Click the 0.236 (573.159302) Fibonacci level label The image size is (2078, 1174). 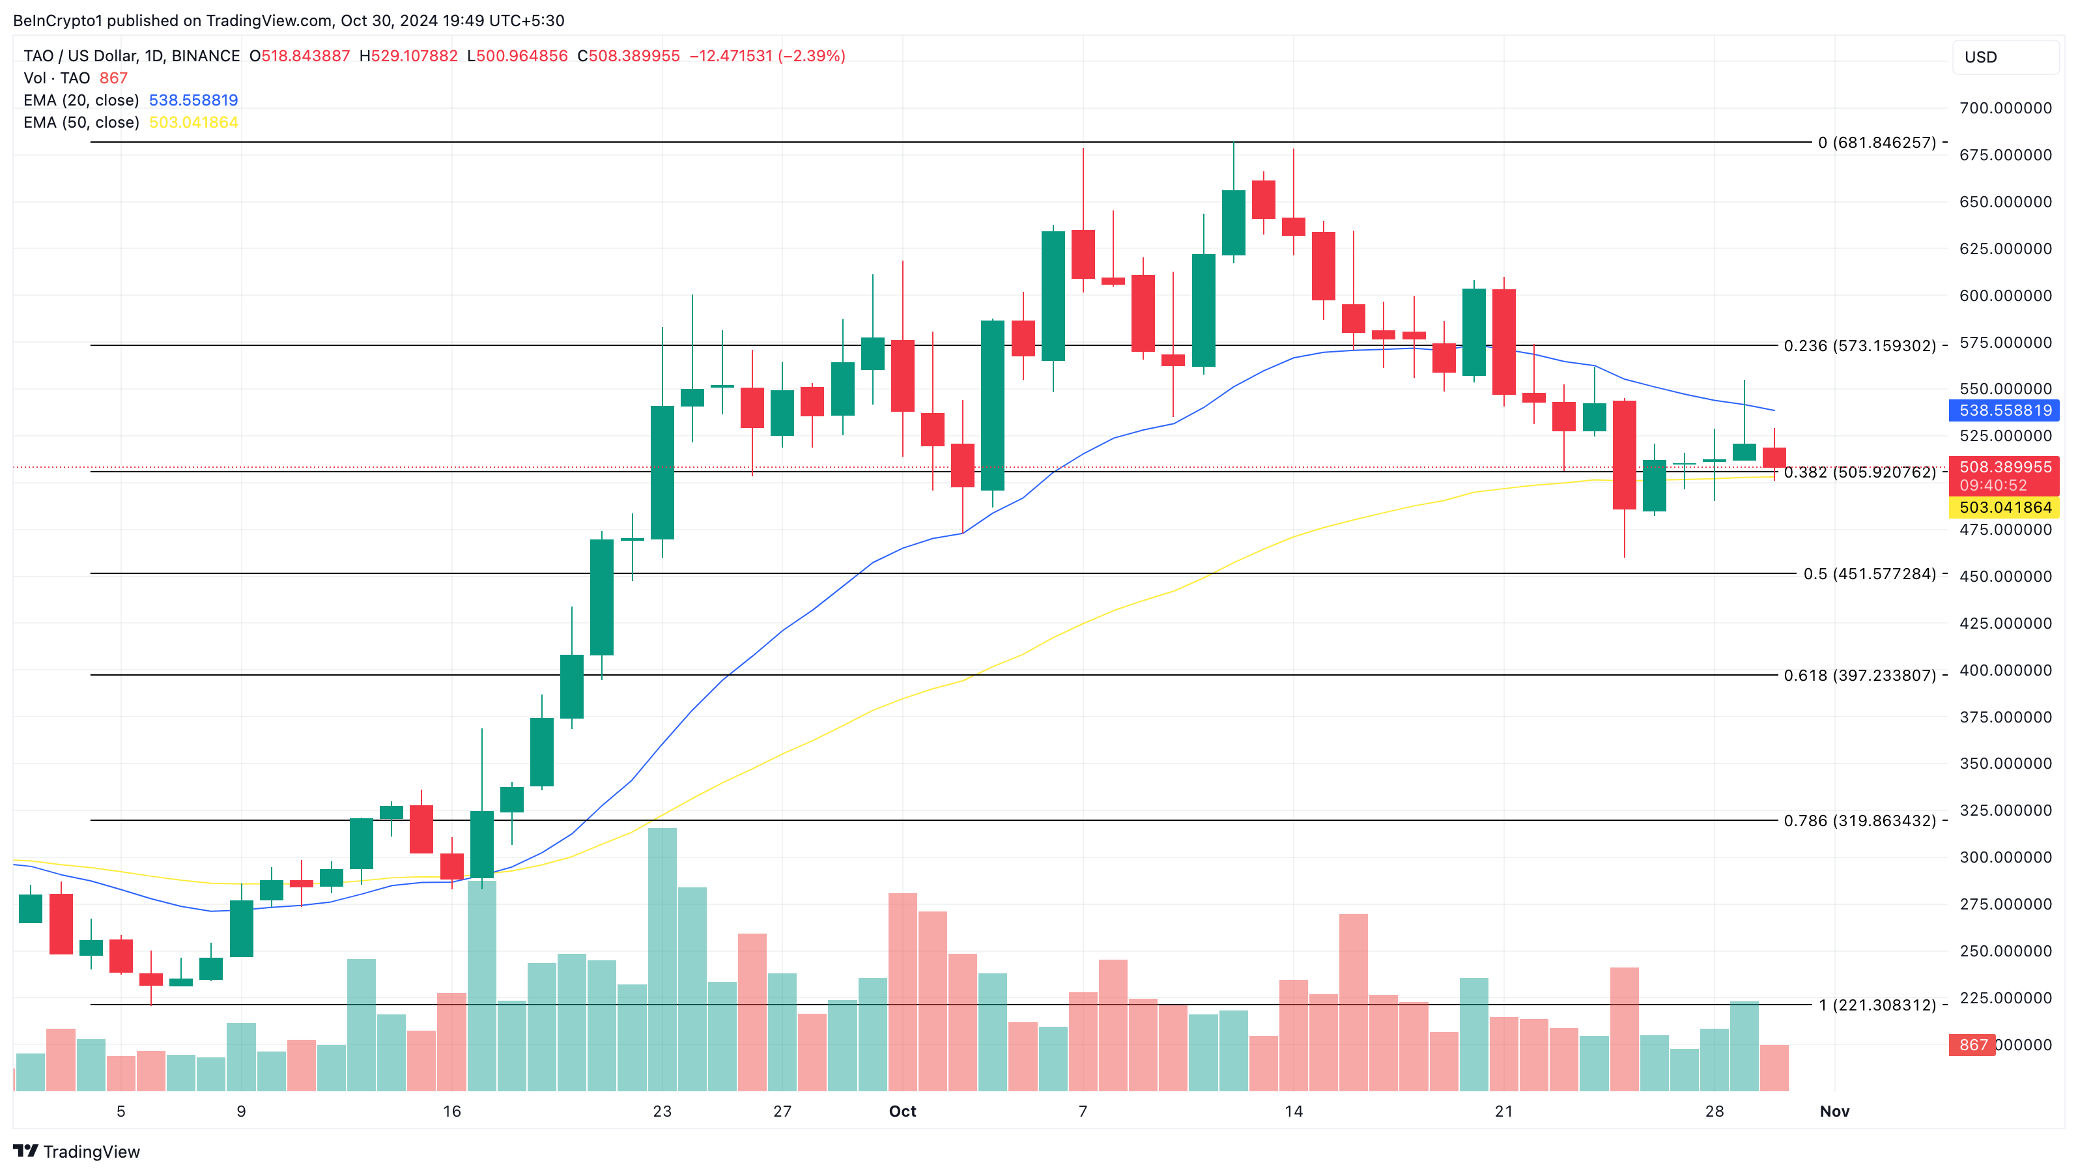click(1859, 345)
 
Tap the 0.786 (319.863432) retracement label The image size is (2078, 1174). click(1859, 821)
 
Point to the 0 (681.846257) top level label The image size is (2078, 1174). click(1875, 143)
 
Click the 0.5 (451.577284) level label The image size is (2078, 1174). click(1869, 574)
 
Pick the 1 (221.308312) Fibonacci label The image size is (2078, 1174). click(1875, 1005)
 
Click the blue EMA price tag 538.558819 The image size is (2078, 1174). click(2004, 410)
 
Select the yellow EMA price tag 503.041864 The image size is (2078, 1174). click(2004, 508)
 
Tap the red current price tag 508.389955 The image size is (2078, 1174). click(2004, 467)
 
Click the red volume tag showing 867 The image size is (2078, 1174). click(1972, 1045)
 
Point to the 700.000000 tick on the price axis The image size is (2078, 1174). click(2006, 108)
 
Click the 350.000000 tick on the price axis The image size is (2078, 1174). click(2006, 764)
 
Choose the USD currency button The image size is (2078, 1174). click(2004, 57)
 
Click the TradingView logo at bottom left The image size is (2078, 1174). click(77, 1151)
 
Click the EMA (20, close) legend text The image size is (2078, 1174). click(81, 100)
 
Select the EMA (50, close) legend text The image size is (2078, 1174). click(81, 122)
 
